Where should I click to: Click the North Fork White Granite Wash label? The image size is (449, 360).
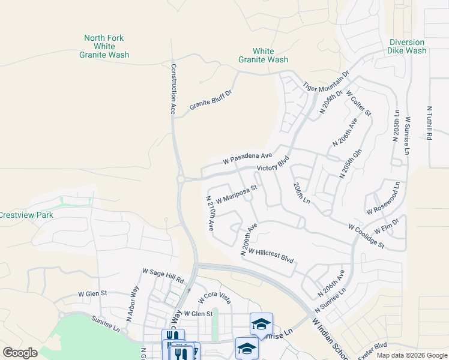pyautogui.click(x=104, y=46)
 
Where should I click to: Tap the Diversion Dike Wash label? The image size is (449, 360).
pyautogui.click(x=407, y=46)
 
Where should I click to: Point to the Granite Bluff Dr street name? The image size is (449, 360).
pyautogui.click(x=210, y=100)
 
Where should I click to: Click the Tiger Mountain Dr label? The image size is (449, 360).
pyautogui.click(x=326, y=80)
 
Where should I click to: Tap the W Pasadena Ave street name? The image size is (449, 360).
pyautogui.click(x=248, y=157)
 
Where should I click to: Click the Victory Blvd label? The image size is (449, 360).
pyautogui.click(x=273, y=164)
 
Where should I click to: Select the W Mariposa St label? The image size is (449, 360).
pyautogui.click(x=237, y=193)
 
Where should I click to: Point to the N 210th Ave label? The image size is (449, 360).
pyautogui.click(x=210, y=214)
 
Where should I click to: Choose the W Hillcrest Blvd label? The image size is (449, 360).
pyautogui.click(x=271, y=256)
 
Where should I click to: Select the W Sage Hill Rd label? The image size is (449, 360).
pyautogui.click(x=163, y=276)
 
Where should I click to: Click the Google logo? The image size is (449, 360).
pyautogui.click(x=20, y=353)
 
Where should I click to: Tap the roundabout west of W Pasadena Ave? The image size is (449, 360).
pyautogui.click(x=180, y=179)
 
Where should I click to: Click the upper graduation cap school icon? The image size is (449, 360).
pyautogui.click(x=261, y=324)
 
